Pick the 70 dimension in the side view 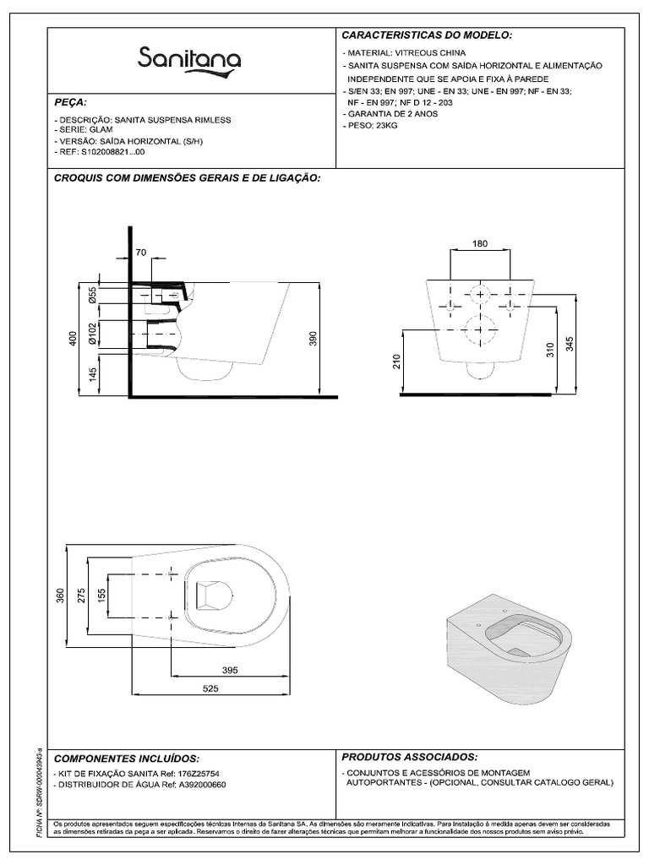(140, 252)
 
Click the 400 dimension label (74, 339)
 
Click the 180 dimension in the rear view (479, 244)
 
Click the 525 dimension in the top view (210, 689)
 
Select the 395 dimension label (229, 670)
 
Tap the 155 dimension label (102, 594)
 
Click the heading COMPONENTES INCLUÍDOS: (127, 759)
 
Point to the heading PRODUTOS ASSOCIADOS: (409, 756)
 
